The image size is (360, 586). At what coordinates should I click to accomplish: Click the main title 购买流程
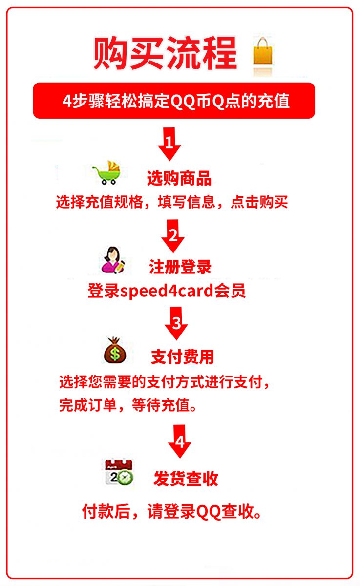(x=166, y=53)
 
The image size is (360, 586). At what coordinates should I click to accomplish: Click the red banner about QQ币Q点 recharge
(x=174, y=101)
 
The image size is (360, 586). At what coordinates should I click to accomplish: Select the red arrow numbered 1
(x=169, y=144)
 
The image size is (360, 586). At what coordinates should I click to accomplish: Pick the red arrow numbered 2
(x=173, y=236)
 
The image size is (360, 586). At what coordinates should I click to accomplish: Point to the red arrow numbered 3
(x=176, y=323)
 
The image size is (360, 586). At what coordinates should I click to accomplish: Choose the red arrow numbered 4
(x=180, y=441)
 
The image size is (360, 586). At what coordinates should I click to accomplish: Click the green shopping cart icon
(x=106, y=173)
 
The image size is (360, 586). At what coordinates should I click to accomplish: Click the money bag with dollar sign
(x=115, y=350)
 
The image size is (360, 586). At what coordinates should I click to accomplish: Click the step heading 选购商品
(x=179, y=178)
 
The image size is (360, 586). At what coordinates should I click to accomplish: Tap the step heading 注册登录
(x=180, y=267)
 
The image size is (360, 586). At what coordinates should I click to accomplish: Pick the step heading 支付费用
(x=182, y=356)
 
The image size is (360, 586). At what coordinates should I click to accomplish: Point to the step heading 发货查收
(x=186, y=479)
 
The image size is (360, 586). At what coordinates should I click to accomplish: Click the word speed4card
(x=167, y=291)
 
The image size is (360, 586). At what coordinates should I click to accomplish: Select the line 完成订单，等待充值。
(x=128, y=405)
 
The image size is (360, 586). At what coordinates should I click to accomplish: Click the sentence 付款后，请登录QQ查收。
(x=172, y=511)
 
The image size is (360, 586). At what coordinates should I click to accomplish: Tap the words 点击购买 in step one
(x=259, y=202)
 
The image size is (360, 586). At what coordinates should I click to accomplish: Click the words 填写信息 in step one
(x=187, y=202)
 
